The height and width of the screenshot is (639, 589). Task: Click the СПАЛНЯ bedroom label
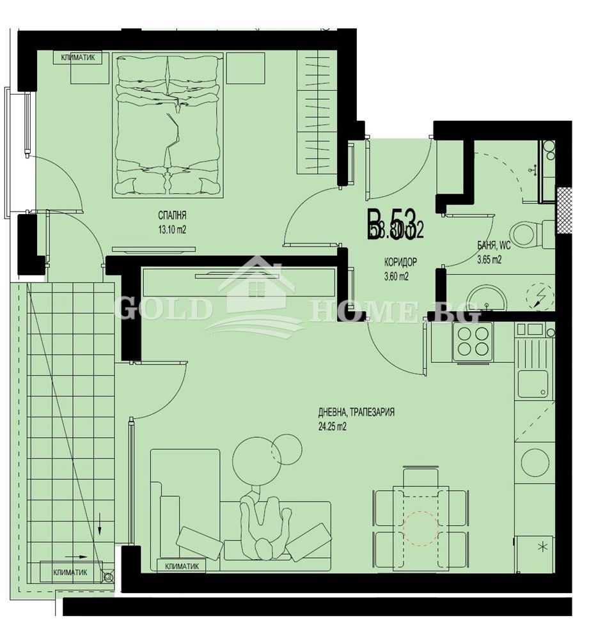(x=173, y=215)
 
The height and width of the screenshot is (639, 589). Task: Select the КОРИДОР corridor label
(x=400, y=262)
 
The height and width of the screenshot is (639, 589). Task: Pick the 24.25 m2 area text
(x=331, y=427)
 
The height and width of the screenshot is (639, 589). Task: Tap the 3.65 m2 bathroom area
(x=490, y=259)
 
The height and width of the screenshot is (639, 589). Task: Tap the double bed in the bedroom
(x=168, y=123)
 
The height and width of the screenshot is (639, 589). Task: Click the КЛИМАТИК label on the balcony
(x=70, y=572)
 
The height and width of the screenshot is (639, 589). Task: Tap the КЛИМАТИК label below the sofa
(x=182, y=566)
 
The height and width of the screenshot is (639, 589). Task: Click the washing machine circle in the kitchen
(x=535, y=462)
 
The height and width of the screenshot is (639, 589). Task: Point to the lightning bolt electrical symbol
(x=535, y=295)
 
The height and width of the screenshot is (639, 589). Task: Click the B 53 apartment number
(x=391, y=225)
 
